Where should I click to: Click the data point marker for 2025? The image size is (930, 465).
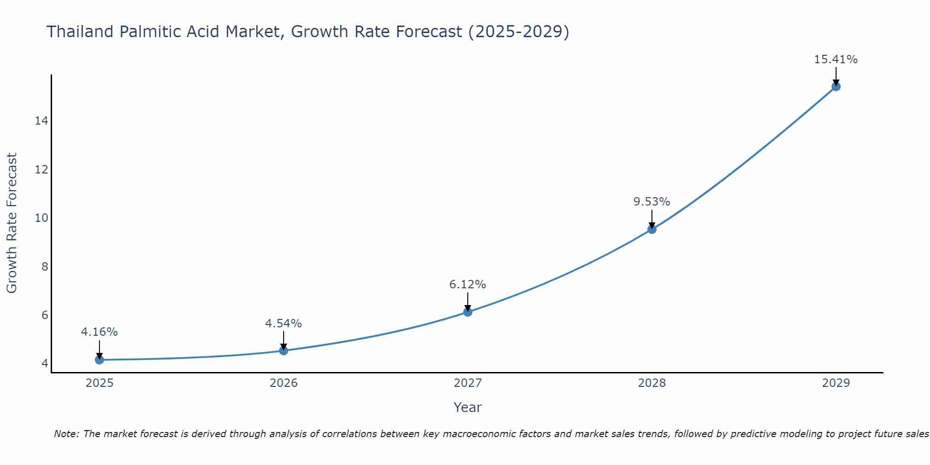tap(99, 359)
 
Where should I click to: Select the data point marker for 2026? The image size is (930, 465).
tap(284, 350)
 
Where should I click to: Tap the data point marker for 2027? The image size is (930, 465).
tap(468, 312)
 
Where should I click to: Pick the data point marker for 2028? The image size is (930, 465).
tap(652, 229)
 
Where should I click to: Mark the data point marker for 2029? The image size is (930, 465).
tap(836, 86)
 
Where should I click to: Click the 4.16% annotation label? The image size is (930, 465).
tap(99, 332)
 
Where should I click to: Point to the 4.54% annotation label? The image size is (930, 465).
tap(284, 323)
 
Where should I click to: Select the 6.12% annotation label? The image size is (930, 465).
tap(468, 284)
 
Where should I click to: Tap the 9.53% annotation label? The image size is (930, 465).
tap(652, 202)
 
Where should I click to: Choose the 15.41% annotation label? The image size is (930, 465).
tap(836, 60)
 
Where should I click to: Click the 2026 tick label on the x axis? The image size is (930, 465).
tap(284, 383)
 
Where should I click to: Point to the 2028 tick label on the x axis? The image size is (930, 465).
tap(652, 383)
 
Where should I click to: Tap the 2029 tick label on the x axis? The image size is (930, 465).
tap(836, 383)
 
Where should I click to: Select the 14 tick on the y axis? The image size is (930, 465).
tap(41, 121)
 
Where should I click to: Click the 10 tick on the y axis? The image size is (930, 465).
tap(41, 218)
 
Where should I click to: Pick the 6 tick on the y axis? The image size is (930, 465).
tap(45, 315)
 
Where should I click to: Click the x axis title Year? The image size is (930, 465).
tap(468, 407)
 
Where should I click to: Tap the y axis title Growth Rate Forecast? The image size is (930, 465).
tap(12, 223)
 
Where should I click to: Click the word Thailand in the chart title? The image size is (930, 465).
tap(80, 32)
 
